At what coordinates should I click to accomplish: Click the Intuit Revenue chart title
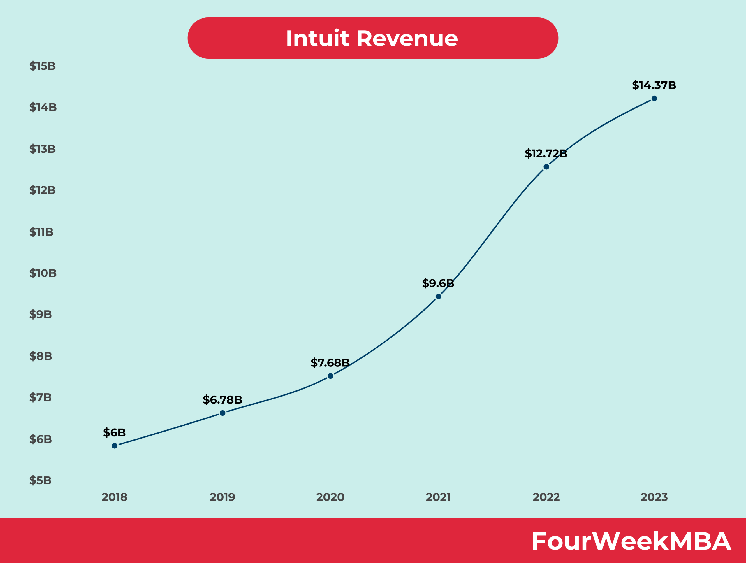[372, 38]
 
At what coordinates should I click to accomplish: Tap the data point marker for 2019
[223, 413]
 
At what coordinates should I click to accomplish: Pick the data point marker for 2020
[330, 376]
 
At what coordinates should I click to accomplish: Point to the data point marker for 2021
[439, 297]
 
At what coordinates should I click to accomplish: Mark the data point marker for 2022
[546, 167]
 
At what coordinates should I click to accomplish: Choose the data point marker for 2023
[654, 99]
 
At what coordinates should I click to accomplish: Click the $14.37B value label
[654, 85]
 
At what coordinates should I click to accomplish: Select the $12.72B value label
[546, 153]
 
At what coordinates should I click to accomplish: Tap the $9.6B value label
[438, 283]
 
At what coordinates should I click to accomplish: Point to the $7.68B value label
[330, 363]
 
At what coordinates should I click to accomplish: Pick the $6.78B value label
[222, 400]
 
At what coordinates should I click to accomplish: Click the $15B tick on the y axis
[43, 66]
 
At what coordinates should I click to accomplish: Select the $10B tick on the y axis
[43, 273]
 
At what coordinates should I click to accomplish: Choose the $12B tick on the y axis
[43, 190]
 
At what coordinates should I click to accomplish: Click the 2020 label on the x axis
[330, 497]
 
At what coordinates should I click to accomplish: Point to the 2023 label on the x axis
[654, 497]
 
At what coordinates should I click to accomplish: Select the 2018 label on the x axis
[114, 497]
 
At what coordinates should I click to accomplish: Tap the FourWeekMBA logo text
[631, 541]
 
